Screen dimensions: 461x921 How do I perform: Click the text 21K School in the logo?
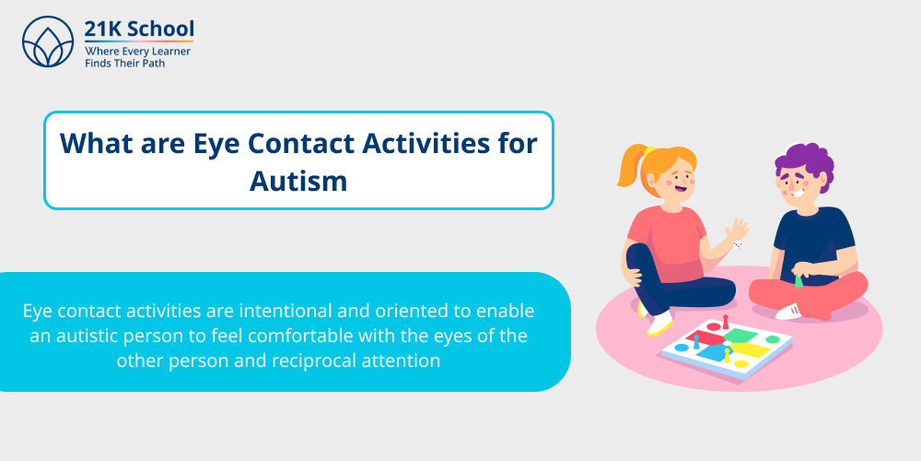pos(139,29)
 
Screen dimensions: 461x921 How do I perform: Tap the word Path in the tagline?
pos(151,64)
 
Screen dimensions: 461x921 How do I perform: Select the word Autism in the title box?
pos(298,180)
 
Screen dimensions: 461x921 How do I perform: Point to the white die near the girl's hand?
pos(737,245)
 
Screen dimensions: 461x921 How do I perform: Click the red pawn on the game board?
pos(725,323)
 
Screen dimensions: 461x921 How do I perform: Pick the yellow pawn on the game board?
pos(727,355)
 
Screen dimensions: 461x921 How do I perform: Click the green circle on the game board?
pos(773,339)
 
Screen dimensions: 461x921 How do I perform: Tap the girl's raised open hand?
pos(737,229)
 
